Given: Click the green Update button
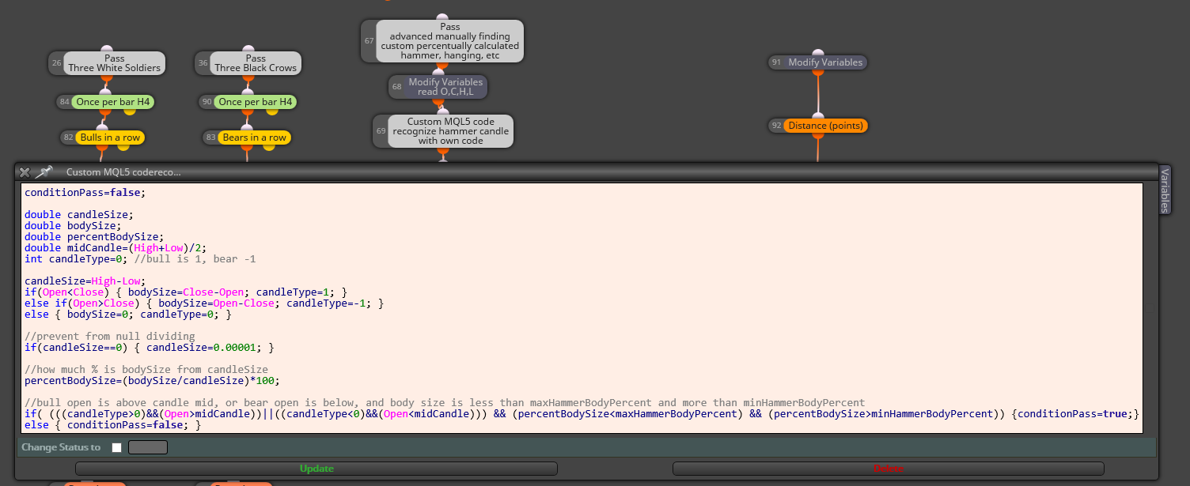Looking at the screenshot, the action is click(x=316, y=469).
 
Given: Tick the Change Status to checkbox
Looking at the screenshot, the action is click(x=117, y=447).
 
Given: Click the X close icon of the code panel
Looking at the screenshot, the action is click(x=25, y=172).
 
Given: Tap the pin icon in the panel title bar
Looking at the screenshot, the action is click(x=44, y=171).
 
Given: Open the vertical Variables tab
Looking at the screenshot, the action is click(x=1165, y=190).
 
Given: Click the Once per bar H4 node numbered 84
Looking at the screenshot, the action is click(x=106, y=102).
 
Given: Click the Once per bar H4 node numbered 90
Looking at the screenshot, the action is click(x=248, y=102).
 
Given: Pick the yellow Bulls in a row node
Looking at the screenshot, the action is click(x=103, y=138).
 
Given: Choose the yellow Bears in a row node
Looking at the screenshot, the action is click(x=247, y=138).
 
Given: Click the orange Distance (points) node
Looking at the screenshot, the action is click(x=818, y=126).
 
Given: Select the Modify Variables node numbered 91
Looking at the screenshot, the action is click(x=818, y=62).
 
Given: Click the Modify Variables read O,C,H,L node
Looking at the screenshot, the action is click(x=438, y=87).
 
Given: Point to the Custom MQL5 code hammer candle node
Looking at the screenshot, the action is click(x=444, y=131).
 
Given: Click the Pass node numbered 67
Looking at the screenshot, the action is click(x=442, y=41).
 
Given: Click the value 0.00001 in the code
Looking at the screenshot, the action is click(x=234, y=348).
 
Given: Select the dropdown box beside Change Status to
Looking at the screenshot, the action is click(x=148, y=447).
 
